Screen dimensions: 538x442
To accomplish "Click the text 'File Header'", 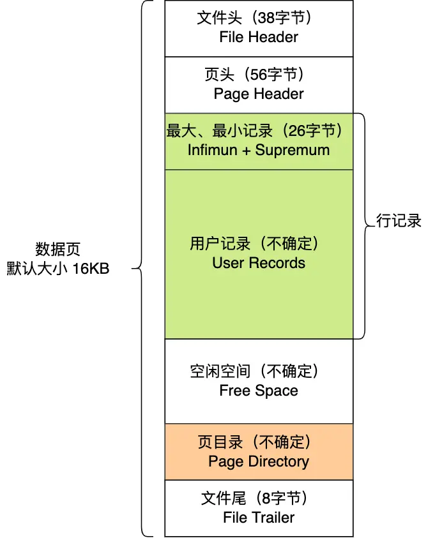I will point(259,37).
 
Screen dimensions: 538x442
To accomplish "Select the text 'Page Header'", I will point(259,94).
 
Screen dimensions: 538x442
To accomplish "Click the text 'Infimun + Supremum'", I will point(259,150).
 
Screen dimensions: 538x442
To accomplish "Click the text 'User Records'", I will point(259,263).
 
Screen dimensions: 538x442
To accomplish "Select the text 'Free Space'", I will point(259,391).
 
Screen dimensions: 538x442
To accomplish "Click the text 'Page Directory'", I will point(259,461).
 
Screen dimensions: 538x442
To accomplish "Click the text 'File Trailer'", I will point(259,517).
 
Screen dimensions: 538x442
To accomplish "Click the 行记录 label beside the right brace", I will point(399,221).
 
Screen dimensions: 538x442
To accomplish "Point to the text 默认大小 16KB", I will point(58,269).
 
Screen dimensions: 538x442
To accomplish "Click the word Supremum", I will point(293,150).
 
